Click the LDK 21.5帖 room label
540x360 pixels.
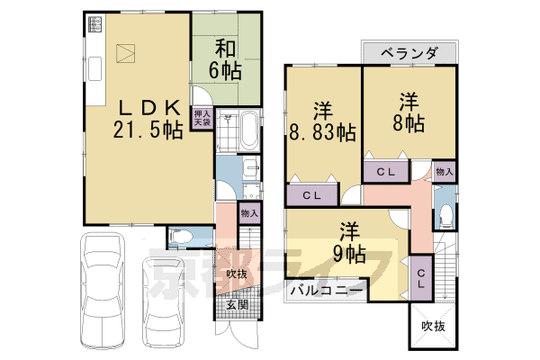tap(148, 117)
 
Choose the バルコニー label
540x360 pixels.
tap(327, 291)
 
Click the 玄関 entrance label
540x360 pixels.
tap(237, 304)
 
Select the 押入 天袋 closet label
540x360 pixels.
tap(202, 120)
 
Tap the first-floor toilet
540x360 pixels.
tap(181, 237)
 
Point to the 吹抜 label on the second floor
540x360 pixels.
tap(434, 326)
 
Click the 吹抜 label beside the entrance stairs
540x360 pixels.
tap(237, 274)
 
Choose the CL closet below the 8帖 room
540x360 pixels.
tap(387, 170)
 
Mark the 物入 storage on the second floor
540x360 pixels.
tap(443, 169)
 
